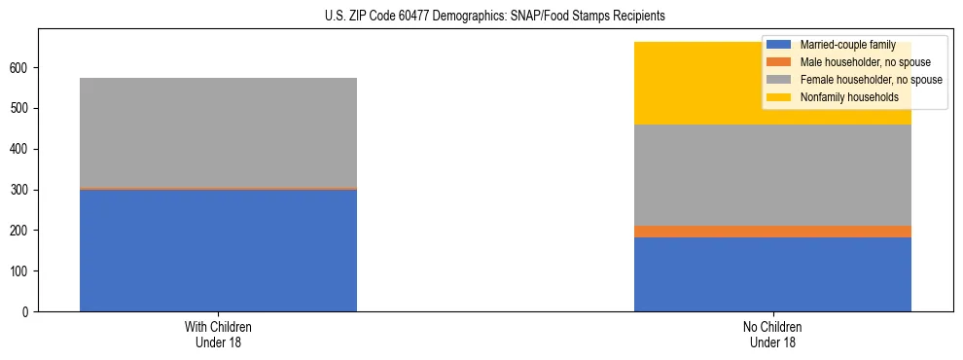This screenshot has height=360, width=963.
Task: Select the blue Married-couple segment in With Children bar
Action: pyautogui.click(x=218, y=250)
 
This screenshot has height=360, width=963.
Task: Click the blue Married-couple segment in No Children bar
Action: pyautogui.click(x=772, y=274)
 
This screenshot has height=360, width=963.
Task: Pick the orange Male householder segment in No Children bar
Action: pyautogui.click(x=772, y=232)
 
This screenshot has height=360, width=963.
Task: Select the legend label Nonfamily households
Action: pyautogui.click(x=849, y=97)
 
